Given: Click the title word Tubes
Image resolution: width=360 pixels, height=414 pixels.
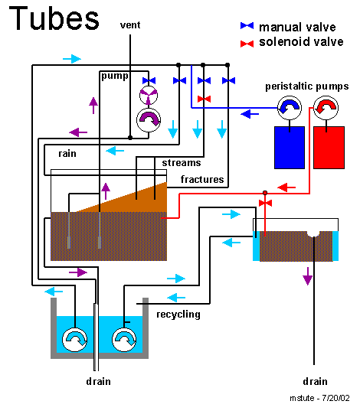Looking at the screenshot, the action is (54, 18).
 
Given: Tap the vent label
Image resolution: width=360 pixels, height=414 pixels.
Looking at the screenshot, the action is (130, 25).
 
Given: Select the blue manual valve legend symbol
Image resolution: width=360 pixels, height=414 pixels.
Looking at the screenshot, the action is (247, 25).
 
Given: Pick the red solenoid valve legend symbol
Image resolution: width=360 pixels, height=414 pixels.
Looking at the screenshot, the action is (247, 44).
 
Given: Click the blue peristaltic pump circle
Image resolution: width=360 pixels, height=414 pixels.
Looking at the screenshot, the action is (290, 108).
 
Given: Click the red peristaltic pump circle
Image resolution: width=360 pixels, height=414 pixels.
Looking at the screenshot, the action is (326, 108).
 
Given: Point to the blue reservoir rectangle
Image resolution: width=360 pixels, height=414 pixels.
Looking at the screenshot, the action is (290, 148).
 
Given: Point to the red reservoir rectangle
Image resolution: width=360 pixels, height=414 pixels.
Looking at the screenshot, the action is (329, 148).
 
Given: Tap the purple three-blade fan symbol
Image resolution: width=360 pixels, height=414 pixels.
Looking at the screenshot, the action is (149, 95).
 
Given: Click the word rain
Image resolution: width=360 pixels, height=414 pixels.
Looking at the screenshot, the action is (67, 153).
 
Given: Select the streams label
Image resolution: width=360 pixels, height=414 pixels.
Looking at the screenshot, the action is (182, 163).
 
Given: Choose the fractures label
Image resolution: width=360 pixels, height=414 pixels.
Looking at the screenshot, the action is (202, 179).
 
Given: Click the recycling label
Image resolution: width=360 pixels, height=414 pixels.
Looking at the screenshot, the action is (178, 315).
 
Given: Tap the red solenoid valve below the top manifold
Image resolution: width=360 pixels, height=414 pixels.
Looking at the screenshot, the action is (204, 99).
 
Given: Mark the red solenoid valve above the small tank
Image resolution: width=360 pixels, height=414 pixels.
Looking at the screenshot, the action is (265, 203).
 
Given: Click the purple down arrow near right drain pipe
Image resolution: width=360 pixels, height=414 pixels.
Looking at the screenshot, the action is (308, 276).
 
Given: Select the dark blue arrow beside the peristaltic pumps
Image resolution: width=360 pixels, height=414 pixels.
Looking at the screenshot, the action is (250, 114).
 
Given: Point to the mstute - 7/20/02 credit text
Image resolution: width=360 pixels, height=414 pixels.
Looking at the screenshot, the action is (319, 398).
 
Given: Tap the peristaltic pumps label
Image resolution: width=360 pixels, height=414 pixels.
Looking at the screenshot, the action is (307, 86).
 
